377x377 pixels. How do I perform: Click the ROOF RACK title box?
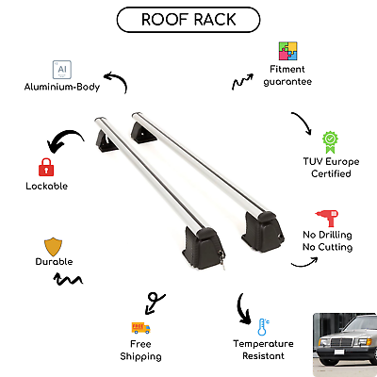click(x=188, y=20)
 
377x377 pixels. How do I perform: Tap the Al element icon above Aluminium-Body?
click(x=62, y=70)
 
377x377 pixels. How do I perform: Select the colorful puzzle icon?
click(x=287, y=51)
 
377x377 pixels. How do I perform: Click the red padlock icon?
click(x=46, y=167)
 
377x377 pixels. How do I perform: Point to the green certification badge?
click(x=330, y=142)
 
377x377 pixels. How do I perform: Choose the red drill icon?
click(x=327, y=218)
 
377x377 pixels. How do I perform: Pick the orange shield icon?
click(x=53, y=247)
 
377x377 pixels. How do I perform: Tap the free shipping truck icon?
click(x=140, y=328)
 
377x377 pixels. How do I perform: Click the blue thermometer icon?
click(x=263, y=327)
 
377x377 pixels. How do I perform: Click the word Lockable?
click(x=47, y=186)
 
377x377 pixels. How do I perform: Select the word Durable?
click(x=54, y=262)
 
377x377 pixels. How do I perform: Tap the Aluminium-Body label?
click(x=62, y=87)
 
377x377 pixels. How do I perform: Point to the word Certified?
click(x=331, y=173)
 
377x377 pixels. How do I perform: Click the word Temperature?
click(x=263, y=344)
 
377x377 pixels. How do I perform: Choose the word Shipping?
click(x=140, y=356)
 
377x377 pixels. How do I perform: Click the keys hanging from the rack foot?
click(x=221, y=259)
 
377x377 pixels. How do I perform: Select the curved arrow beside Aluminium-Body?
click(x=121, y=78)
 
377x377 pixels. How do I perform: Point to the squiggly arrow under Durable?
click(x=68, y=280)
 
